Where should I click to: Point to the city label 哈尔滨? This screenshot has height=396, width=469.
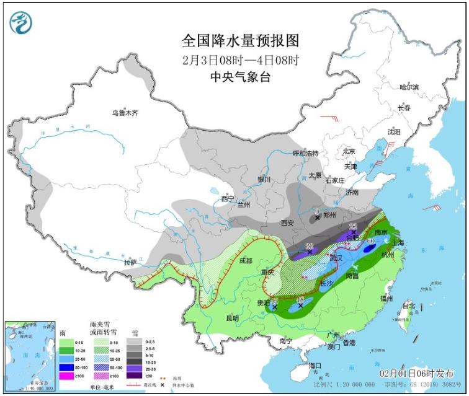coord(409,87)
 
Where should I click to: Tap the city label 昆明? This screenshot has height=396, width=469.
coord(232,319)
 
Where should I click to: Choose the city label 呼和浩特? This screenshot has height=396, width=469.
coord(305,153)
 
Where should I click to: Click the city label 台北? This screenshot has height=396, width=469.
coord(409,306)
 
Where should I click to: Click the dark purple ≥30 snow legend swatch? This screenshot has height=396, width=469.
coord(132,376)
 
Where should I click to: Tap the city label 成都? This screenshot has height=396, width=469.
coord(244,261)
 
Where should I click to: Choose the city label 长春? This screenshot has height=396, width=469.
coord(404,108)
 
